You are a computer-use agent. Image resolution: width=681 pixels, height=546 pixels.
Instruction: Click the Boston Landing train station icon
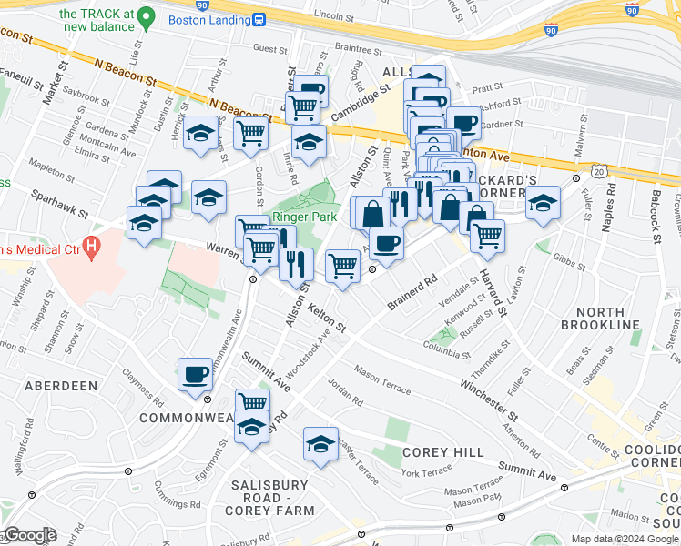(x=259, y=19)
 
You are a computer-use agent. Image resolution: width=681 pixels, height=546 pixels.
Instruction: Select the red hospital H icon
(x=90, y=246)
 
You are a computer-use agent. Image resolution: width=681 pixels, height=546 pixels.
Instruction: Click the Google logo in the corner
(x=30, y=535)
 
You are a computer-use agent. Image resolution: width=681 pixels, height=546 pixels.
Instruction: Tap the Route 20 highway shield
(x=598, y=171)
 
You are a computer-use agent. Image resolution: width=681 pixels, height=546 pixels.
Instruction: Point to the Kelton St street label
(x=326, y=318)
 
